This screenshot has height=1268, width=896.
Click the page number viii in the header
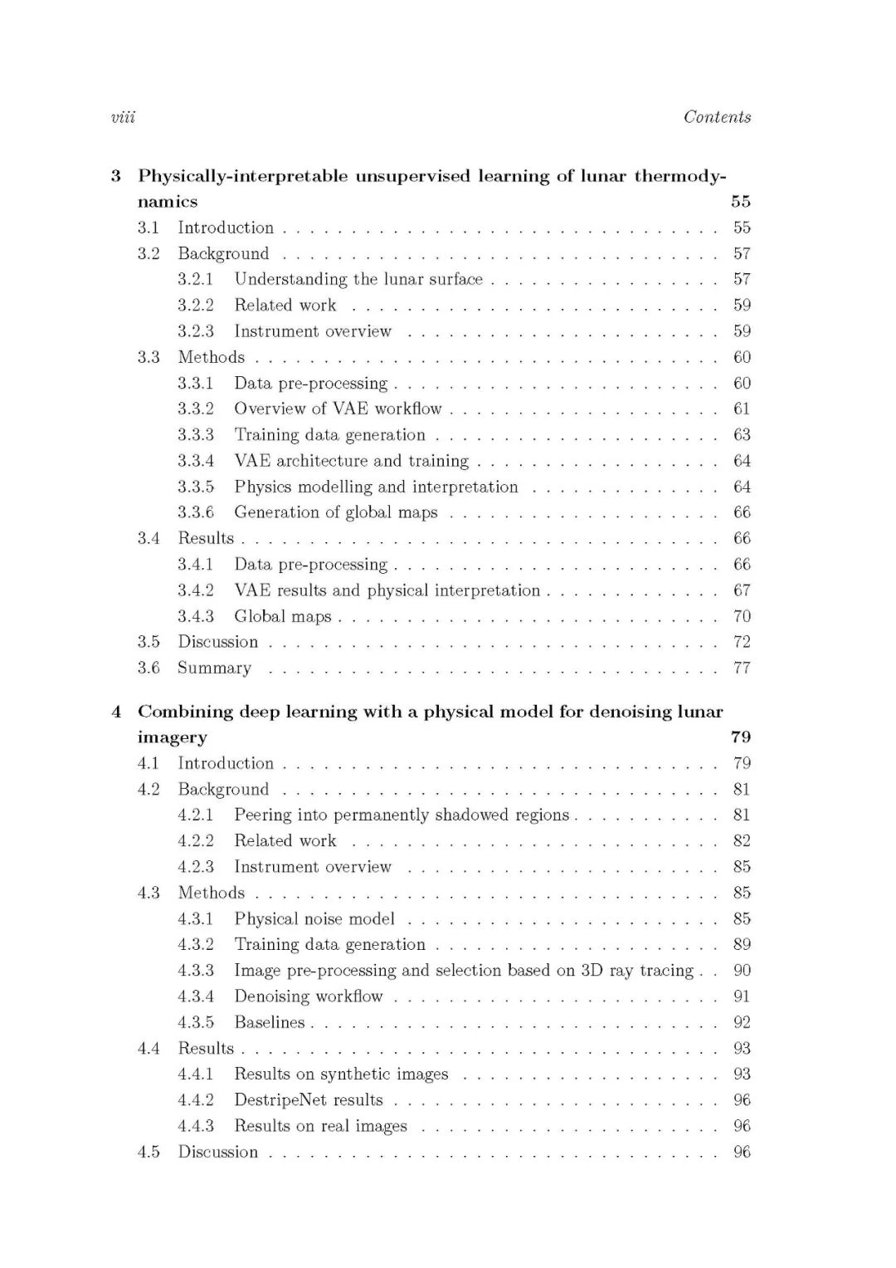123,117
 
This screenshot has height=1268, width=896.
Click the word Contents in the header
717,117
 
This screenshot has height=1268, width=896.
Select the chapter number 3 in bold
116,176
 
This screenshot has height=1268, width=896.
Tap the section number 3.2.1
195,279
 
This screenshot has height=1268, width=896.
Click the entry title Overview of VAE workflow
338,409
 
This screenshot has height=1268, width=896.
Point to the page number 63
742,434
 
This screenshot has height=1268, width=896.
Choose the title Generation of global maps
335,512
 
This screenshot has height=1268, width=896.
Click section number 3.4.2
195,590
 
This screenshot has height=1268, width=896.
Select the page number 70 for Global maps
742,616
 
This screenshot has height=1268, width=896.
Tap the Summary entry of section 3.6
214,668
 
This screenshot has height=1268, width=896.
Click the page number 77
742,668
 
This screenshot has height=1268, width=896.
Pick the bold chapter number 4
116,712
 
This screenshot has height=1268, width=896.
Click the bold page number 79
741,737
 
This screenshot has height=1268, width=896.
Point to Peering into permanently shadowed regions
402,815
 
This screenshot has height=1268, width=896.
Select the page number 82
742,840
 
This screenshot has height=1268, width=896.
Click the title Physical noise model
314,918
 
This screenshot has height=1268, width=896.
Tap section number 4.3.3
195,970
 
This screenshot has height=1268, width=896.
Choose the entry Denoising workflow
309,996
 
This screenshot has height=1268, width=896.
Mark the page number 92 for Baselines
742,1022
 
